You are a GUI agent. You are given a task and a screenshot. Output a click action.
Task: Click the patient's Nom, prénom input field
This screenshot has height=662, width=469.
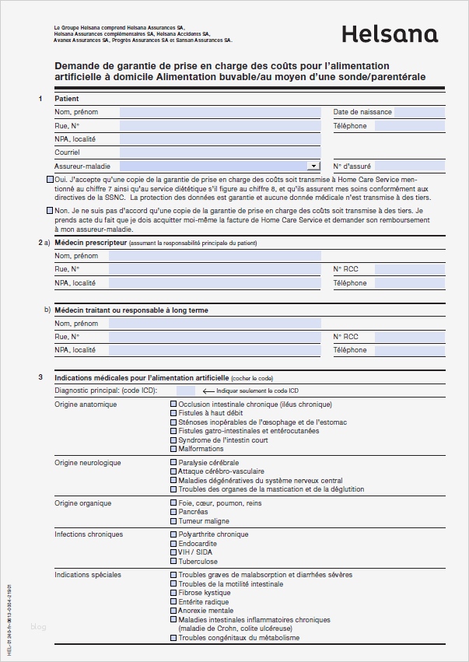pyautogui.click(x=220, y=113)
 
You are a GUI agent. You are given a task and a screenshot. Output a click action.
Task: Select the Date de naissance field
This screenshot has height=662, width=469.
pyautogui.click(x=421, y=113)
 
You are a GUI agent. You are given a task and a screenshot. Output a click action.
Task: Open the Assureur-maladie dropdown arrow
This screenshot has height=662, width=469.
pyautogui.click(x=313, y=166)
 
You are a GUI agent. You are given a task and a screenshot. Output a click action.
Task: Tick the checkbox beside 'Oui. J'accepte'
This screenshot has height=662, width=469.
pyautogui.click(x=51, y=179)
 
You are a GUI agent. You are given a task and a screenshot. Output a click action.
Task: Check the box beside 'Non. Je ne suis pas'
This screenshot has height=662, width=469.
pyautogui.click(x=51, y=211)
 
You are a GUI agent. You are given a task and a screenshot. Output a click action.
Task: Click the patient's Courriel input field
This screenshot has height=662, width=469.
pyautogui.click(x=220, y=152)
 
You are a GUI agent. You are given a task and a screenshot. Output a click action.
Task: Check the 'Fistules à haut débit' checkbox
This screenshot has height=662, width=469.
pyautogui.click(x=173, y=413)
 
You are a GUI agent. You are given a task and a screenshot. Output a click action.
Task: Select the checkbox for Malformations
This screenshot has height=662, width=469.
pyautogui.click(x=173, y=449)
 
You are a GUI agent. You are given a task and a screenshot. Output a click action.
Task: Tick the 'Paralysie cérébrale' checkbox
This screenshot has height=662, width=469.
pyautogui.click(x=173, y=462)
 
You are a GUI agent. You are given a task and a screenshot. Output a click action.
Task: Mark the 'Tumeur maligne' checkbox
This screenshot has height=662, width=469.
pyautogui.click(x=173, y=521)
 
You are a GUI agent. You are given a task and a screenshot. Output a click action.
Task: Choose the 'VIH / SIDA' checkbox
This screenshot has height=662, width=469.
pyautogui.click(x=173, y=552)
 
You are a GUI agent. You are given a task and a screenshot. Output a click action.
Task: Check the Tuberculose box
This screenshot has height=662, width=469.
pyautogui.click(x=173, y=562)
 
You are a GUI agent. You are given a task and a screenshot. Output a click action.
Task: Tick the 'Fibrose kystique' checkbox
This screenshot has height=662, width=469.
pyautogui.click(x=173, y=593)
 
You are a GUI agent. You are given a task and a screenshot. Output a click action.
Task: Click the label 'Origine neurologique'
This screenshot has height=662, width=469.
pyautogui.click(x=87, y=463)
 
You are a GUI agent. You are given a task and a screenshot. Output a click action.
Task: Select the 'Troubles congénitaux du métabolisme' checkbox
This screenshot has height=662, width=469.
pyautogui.click(x=173, y=638)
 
